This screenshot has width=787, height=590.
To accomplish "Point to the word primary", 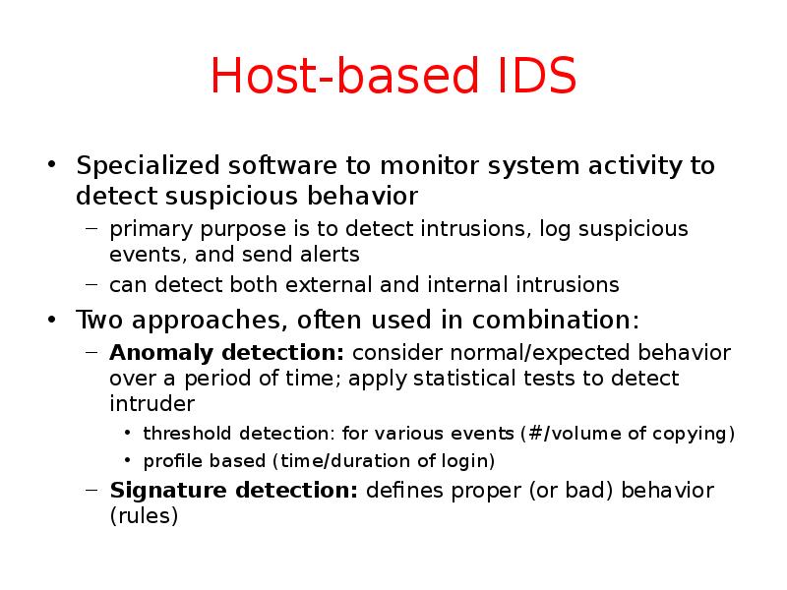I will point(145,229).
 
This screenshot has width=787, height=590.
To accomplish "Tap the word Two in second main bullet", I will point(100,320).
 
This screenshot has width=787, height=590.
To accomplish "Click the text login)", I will point(466,459).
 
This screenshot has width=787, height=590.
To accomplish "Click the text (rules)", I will point(144,515).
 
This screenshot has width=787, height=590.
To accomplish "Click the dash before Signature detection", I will point(91,490).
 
